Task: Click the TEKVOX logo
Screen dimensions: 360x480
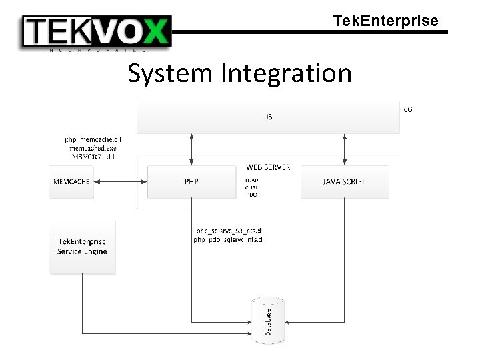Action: click(x=97, y=31)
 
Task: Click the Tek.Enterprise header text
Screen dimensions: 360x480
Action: click(x=385, y=21)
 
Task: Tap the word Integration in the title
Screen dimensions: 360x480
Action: click(x=287, y=73)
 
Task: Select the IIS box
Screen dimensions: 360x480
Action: click(x=268, y=117)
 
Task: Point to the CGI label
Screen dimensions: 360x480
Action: click(x=409, y=109)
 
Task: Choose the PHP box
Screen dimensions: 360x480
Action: click(x=191, y=181)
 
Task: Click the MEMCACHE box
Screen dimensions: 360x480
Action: click(x=71, y=181)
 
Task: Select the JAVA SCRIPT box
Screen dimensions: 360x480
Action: click(x=345, y=181)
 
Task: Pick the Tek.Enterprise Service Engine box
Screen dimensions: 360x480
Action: click(x=82, y=246)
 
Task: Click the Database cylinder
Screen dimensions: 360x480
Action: click(x=268, y=321)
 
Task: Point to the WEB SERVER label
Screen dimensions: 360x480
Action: click(x=268, y=167)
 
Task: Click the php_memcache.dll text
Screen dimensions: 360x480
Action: click(x=93, y=139)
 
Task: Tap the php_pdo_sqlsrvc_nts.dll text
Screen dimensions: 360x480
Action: click(x=229, y=239)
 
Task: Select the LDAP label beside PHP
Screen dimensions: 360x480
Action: click(x=251, y=180)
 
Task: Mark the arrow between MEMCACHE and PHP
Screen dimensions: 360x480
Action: click(x=119, y=181)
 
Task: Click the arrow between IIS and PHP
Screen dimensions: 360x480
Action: click(x=192, y=149)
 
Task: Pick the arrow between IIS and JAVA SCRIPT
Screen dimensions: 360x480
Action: click(x=345, y=149)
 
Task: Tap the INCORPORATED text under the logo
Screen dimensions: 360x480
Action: click(x=93, y=50)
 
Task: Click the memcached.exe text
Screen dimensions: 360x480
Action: click(x=93, y=148)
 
